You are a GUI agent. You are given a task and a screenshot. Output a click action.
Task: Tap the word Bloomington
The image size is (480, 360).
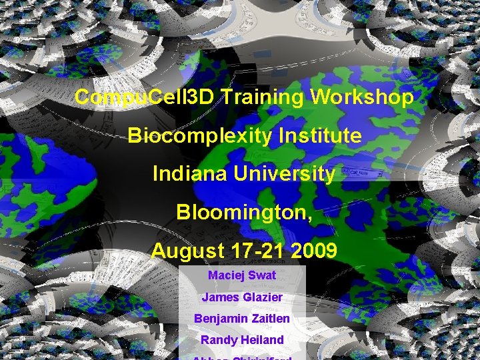tap(241, 213)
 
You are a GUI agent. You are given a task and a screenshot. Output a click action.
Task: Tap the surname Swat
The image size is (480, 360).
tap(263, 275)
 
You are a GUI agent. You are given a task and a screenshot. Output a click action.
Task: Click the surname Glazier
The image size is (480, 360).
tap(261, 297)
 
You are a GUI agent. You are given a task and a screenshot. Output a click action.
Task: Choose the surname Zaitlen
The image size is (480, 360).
tap(271, 319)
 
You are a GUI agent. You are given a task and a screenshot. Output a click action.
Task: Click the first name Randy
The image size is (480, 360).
tap(217, 340)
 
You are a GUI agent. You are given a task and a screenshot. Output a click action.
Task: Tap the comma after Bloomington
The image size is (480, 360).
tap(309, 218)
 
